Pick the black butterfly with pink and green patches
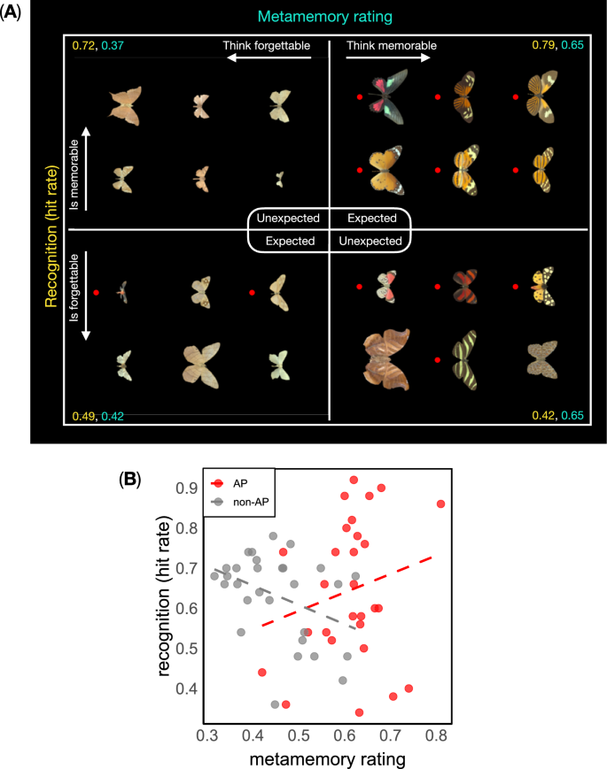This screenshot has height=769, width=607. click(x=391, y=96)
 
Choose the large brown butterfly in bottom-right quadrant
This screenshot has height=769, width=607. click(x=392, y=357)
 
